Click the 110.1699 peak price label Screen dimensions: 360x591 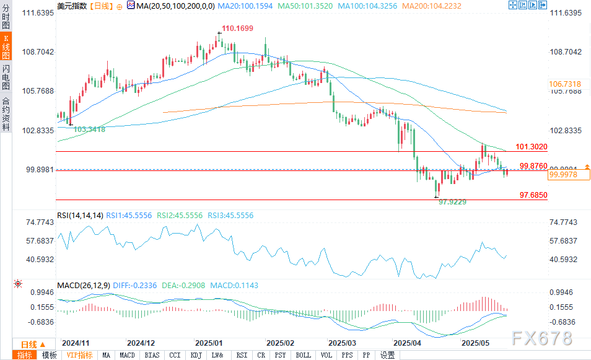[x=239, y=29]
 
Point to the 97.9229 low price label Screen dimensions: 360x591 [x=452, y=202]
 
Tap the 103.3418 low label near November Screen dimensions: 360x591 [x=89, y=130]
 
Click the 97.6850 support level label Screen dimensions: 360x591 [x=533, y=195]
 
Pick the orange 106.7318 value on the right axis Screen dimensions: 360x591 [x=564, y=84]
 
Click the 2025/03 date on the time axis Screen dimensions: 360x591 [x=342, y=343]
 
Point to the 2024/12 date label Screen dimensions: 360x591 [x=141, y=343]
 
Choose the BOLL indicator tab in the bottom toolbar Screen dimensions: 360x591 [x=304, y=355]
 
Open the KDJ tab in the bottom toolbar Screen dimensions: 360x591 [x=196, y=355]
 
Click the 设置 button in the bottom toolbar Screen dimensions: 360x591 [x=387, y=355]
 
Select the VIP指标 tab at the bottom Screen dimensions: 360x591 [x=79, y=355]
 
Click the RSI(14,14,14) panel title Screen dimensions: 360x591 [x=80, y=216]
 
